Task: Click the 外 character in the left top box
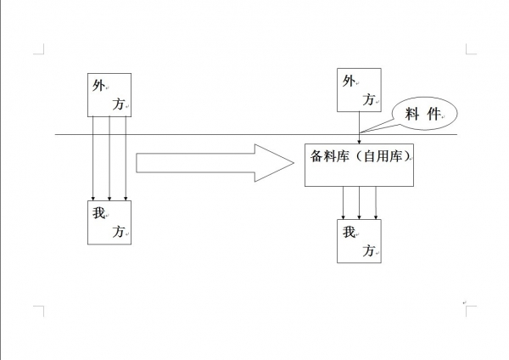tap(98, 86)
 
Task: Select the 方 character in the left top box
tap(119, 104)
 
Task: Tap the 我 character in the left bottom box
tap(98, 213)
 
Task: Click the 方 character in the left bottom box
tap(119, 231)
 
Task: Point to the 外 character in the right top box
tap(348, 82)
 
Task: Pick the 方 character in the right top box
tap(368, 100)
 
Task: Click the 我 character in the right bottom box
tap(348, 232)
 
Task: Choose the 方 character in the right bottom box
tap(368, 250)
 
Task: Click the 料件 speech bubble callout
tap(423, 115)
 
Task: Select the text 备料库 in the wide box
tap(327, 156)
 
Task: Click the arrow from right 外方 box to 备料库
tap(360, 127)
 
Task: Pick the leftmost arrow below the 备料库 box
tap(343, 202)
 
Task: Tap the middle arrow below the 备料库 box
tap(360, 202)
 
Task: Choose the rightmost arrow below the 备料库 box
tap(376, 202)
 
